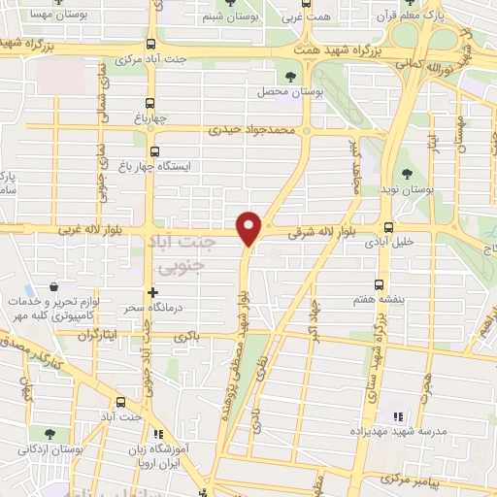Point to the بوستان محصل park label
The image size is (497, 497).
pos(282,93)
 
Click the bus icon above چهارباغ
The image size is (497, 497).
pos(149,104)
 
